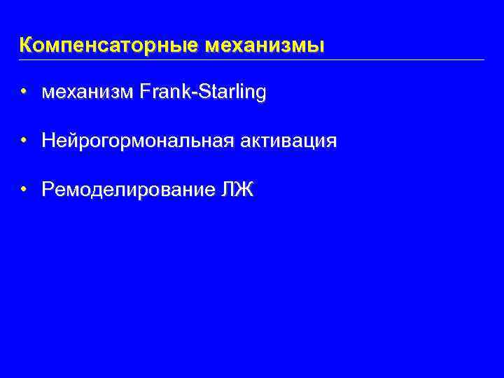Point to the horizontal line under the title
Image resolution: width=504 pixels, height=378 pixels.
click(x=252, y=59)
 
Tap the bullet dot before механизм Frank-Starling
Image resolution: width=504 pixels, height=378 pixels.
click(x=24, y=92)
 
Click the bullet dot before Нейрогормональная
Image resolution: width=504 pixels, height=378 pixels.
click(x=24, y=141)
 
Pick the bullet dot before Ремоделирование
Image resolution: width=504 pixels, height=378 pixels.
click(x=24, y=189)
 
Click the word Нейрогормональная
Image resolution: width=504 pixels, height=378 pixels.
click(x=137, y=141)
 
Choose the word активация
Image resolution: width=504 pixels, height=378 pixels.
click(x=288, y=141)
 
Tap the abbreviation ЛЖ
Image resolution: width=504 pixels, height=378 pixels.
click(x=240, y=190)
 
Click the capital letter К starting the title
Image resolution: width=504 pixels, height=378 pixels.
click(x=26, y=46)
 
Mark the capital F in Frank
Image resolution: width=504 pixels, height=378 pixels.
click(x=145, y=92)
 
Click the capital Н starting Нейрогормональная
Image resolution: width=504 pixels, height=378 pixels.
click(x=48, y=141)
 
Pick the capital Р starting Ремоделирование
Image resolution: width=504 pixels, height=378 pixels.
click(x=48, y=190)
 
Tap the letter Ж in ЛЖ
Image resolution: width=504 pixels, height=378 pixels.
click(x=247, y=190)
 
